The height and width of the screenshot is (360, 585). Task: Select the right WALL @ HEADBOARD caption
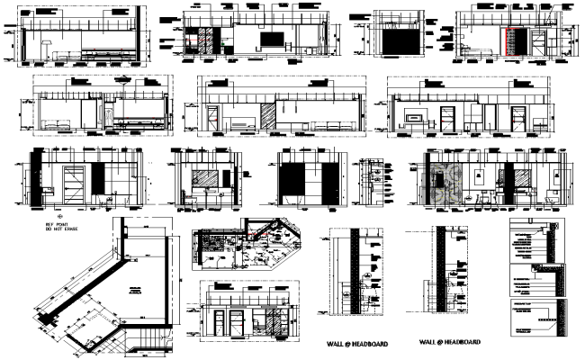pos(449,343)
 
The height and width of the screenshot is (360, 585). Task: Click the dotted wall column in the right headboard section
pos(442,279)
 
